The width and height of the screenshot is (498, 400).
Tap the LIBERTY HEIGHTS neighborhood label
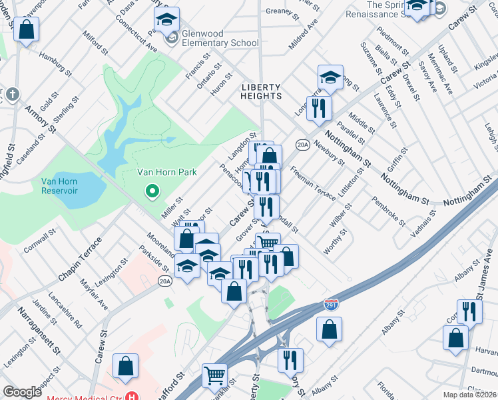coord(261,91)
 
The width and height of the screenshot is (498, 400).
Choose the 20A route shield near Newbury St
coord(302,144)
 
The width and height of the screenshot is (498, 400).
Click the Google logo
coord(23,392)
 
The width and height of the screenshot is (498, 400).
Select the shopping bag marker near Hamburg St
coord(27,30)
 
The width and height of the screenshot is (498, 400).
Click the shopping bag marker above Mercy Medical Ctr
coord(125,366)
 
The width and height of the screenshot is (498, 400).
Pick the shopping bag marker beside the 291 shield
coord(329,329)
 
